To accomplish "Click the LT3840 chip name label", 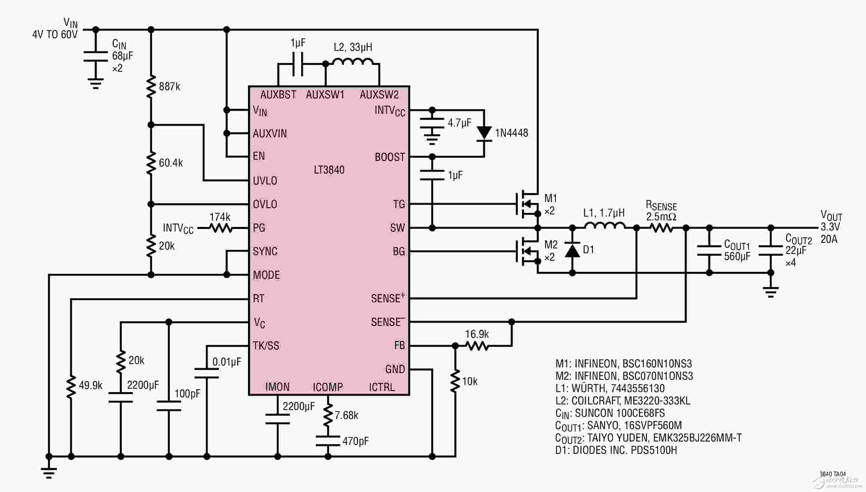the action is [x=329, y=170].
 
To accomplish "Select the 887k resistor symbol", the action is [x=151, y=86].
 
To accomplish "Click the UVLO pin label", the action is [x=265, y=181].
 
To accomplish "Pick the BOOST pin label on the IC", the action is [x=390, y=157].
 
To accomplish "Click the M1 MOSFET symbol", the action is [x=527, y=204].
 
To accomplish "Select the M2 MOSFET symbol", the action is [x=527, y=251].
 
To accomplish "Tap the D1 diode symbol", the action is [x=572, y=249].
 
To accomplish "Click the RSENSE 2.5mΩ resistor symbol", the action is [x=661, y=227].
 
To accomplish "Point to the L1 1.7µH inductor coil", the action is [x=604, y=225].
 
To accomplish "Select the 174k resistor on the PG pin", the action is [x=221, y=228].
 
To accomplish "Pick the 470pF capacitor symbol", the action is [x=328, y=441].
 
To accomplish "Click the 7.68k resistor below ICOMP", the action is [x=328, y=415].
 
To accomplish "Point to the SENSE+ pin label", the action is [x=388, y=298].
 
